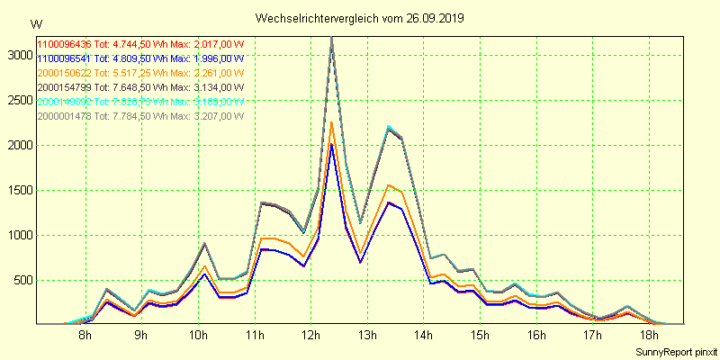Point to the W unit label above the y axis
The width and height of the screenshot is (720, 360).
point(35,23)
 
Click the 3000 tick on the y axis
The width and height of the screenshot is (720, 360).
point(18,55)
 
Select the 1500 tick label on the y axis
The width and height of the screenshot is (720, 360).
point(18,190)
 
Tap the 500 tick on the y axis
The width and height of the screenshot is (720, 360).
point(22,280)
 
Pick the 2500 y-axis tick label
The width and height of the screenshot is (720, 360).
point(18,100)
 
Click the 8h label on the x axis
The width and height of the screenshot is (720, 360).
point(85,336)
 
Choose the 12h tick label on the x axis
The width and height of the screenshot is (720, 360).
point(310,336)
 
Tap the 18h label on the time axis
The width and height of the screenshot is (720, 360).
point(649,336)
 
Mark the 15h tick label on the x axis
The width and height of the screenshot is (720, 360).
point(480,336)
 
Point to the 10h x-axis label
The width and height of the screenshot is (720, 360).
point(198,336)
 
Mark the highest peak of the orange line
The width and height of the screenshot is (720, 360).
point(331,122)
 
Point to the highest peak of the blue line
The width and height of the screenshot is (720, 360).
point(331,145)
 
